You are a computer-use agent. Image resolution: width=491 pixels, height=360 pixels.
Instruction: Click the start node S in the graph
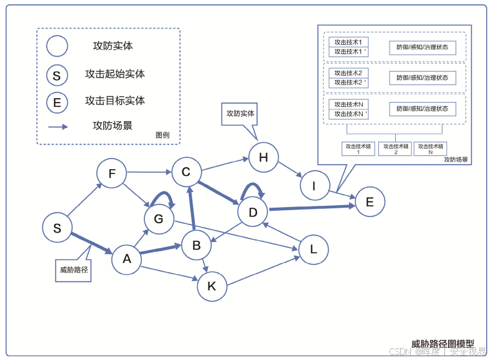tap(57, 228)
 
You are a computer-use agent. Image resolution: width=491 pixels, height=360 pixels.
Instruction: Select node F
tap(112, 174)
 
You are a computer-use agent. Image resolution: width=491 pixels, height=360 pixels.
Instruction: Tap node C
tap(185, 172)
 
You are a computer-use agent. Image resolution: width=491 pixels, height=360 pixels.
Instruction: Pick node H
tap(263, 157)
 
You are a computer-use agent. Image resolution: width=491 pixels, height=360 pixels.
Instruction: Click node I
tap(314, 185)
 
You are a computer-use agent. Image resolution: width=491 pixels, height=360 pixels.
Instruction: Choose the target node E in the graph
tap(370, 201)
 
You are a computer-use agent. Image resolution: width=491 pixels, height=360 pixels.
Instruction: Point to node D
tap(253, 213)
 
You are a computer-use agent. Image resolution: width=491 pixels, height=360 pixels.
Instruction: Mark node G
tap(159, 219)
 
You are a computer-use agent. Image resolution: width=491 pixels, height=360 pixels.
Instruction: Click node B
tap(196, 246)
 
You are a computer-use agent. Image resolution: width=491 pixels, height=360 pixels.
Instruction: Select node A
tap(127, 259)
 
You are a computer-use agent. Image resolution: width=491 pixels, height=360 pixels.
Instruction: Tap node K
tap(212, 286)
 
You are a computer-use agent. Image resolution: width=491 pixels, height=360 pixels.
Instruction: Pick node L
tap(314, 249)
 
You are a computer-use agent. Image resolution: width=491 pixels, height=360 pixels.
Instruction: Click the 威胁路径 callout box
tap(73, 270)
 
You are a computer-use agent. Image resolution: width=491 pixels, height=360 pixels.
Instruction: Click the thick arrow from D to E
tap(311, 208)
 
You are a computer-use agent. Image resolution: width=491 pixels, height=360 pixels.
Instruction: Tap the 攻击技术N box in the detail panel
tap(348, 104)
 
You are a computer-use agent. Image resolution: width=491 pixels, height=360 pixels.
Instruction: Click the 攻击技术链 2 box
tap(395, 149)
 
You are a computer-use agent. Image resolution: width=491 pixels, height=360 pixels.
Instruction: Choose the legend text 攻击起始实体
tap(115, 74)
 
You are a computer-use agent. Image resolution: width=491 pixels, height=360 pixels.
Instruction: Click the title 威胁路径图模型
tap(442, 343)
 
